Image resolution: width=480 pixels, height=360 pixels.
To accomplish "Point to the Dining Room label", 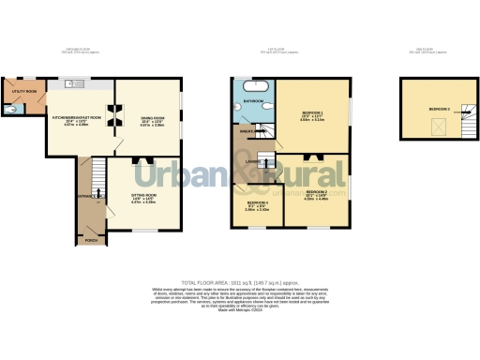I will coord(152,118).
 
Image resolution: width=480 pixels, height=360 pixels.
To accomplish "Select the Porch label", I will coord(91,240).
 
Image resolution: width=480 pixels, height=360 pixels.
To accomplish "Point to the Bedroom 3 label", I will coord(440,110).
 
